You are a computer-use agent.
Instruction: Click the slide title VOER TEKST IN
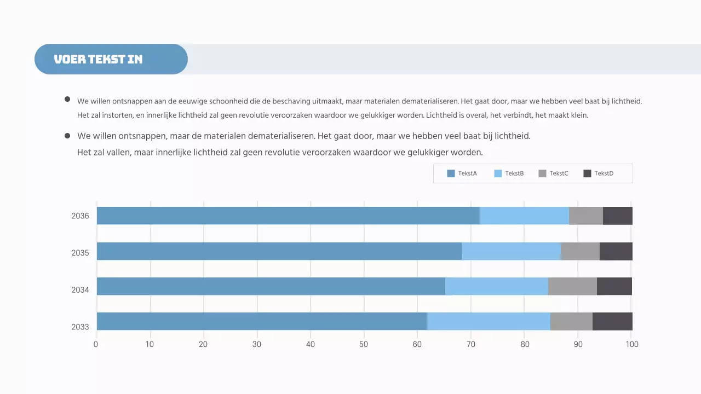click(98, 59)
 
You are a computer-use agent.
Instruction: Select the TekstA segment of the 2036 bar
click(288, 216)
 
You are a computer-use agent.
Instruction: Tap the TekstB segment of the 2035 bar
click(511, 251)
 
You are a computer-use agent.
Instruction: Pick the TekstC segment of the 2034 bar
click(572, 286)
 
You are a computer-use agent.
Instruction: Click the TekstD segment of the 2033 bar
click(612, 321)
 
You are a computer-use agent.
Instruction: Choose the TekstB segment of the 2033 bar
click(489, 321)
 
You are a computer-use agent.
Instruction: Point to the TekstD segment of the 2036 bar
click(617, 216)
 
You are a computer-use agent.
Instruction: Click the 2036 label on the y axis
click(80, 216)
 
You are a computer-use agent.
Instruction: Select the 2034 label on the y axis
click(80, 290)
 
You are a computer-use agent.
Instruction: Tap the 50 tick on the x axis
click(364, 344)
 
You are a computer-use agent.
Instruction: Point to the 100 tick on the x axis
click(631, 344)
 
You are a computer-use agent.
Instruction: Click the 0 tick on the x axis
click(96, 344)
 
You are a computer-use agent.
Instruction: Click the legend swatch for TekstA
click(451, 173)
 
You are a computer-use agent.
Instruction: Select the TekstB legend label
click(514, 173)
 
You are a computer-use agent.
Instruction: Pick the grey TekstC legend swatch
click(543, 173)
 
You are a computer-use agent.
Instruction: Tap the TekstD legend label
click(604, 173)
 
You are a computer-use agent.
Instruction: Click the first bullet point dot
click(67, 99)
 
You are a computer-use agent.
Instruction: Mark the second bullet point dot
click(67, 135)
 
